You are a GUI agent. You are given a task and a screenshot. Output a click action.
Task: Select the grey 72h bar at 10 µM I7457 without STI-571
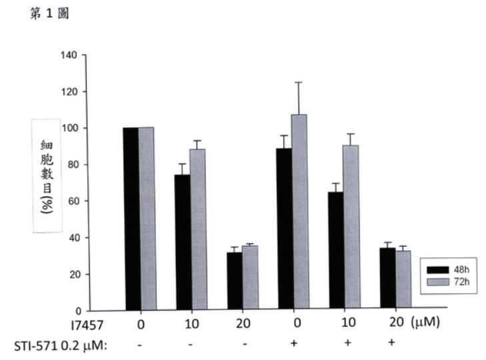tap(197, 230)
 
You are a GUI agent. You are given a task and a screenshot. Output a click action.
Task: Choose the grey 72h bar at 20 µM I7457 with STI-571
tap(402, 281)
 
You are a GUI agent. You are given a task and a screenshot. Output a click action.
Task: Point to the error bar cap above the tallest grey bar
tap(299, 82)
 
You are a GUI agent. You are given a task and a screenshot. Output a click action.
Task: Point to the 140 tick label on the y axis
tap(69, 55)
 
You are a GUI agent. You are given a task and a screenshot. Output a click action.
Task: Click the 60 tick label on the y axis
tap(71, 201)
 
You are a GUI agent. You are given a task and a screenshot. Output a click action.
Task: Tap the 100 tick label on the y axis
tap(69, 128)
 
